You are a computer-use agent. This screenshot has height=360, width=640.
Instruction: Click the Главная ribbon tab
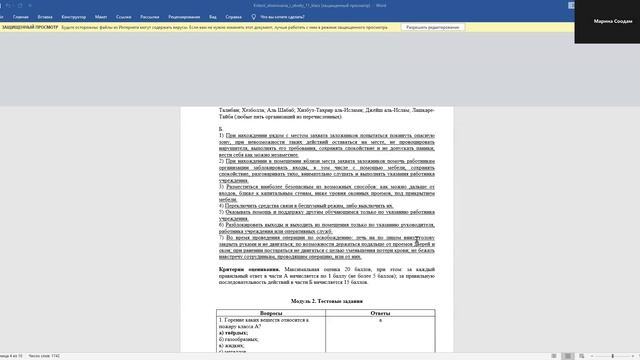21,17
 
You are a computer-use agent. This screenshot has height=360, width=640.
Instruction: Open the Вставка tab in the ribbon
46,17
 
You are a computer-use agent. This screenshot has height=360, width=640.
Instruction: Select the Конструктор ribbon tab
77,17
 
